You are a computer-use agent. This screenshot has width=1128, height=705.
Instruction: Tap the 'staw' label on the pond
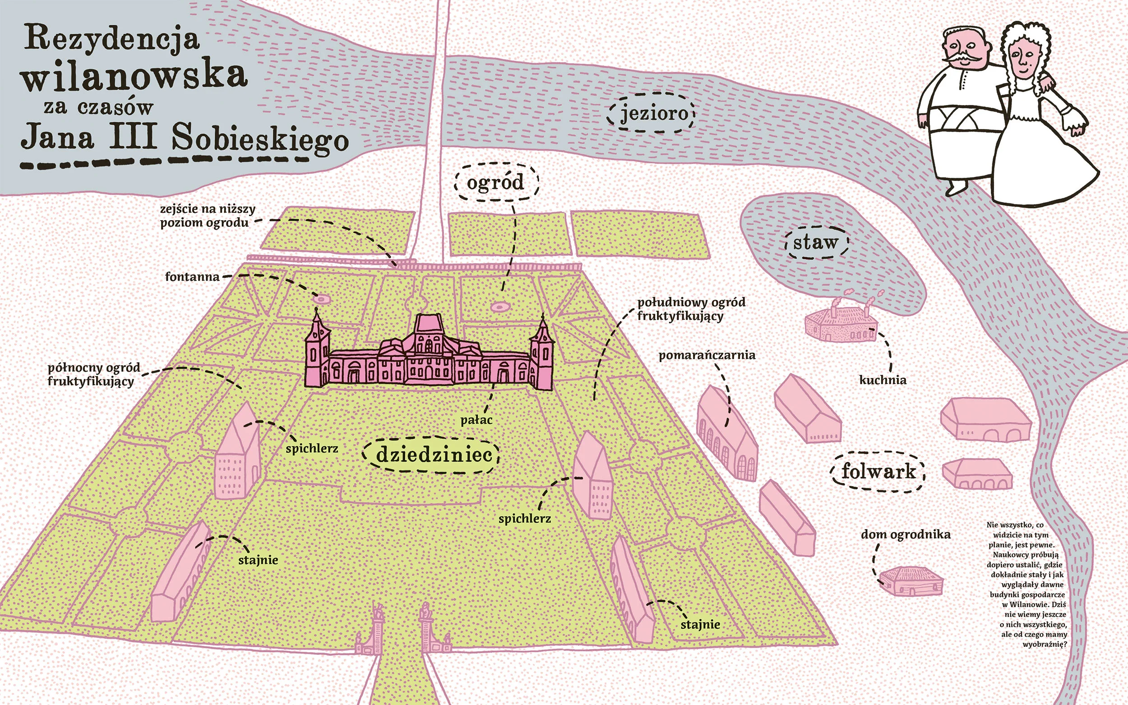[x=816, y=243]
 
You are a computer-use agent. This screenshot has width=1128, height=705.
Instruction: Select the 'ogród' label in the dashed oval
[x=496, y=183]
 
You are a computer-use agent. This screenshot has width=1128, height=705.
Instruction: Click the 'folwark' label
[x=878, y=471]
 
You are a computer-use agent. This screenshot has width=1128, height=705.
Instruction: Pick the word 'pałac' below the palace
[x=476, y=420]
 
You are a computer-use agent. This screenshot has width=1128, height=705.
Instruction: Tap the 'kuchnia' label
[x=883, y=380]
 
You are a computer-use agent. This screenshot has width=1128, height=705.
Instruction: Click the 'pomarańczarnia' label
[x=707, y=355]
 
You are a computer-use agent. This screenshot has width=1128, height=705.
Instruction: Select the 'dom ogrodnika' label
[x=905, y=535]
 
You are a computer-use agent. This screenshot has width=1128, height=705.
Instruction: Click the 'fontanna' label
[x=192, y=276]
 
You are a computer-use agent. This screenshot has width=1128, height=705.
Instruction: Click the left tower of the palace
[x=318, y=350]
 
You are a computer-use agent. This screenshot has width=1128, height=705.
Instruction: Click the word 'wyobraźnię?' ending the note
[x=1045, y=645]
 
